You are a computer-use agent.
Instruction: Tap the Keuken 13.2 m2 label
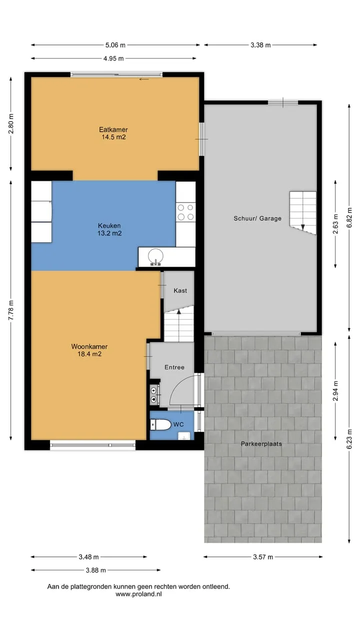point(109,229)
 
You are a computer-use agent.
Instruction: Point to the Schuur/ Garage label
point(257,218)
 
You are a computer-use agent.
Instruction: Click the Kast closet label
point(180,290)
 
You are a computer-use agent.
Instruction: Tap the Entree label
point(174,367)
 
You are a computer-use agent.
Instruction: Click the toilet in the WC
point(160,424)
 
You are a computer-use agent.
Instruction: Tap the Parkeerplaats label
point(261,443)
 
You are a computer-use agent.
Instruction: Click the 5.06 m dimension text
point(115,45)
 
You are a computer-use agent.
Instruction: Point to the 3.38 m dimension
point(260,45)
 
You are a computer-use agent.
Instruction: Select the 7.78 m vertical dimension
point(11,310)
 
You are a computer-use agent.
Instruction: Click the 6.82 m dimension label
point(349,217)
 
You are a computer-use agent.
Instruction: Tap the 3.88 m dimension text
point(95,570)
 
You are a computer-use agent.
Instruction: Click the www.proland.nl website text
point(138,594)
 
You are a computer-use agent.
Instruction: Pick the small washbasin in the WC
point(183,436)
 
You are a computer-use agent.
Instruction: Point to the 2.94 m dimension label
point(335,390)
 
